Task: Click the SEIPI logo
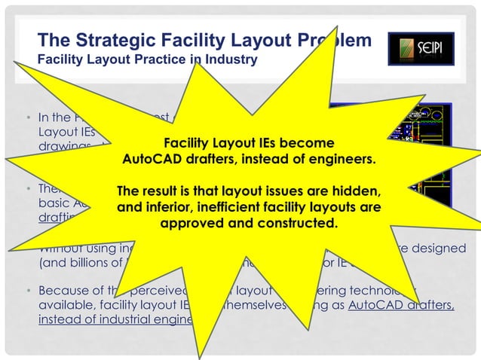(x=421, y=48)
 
